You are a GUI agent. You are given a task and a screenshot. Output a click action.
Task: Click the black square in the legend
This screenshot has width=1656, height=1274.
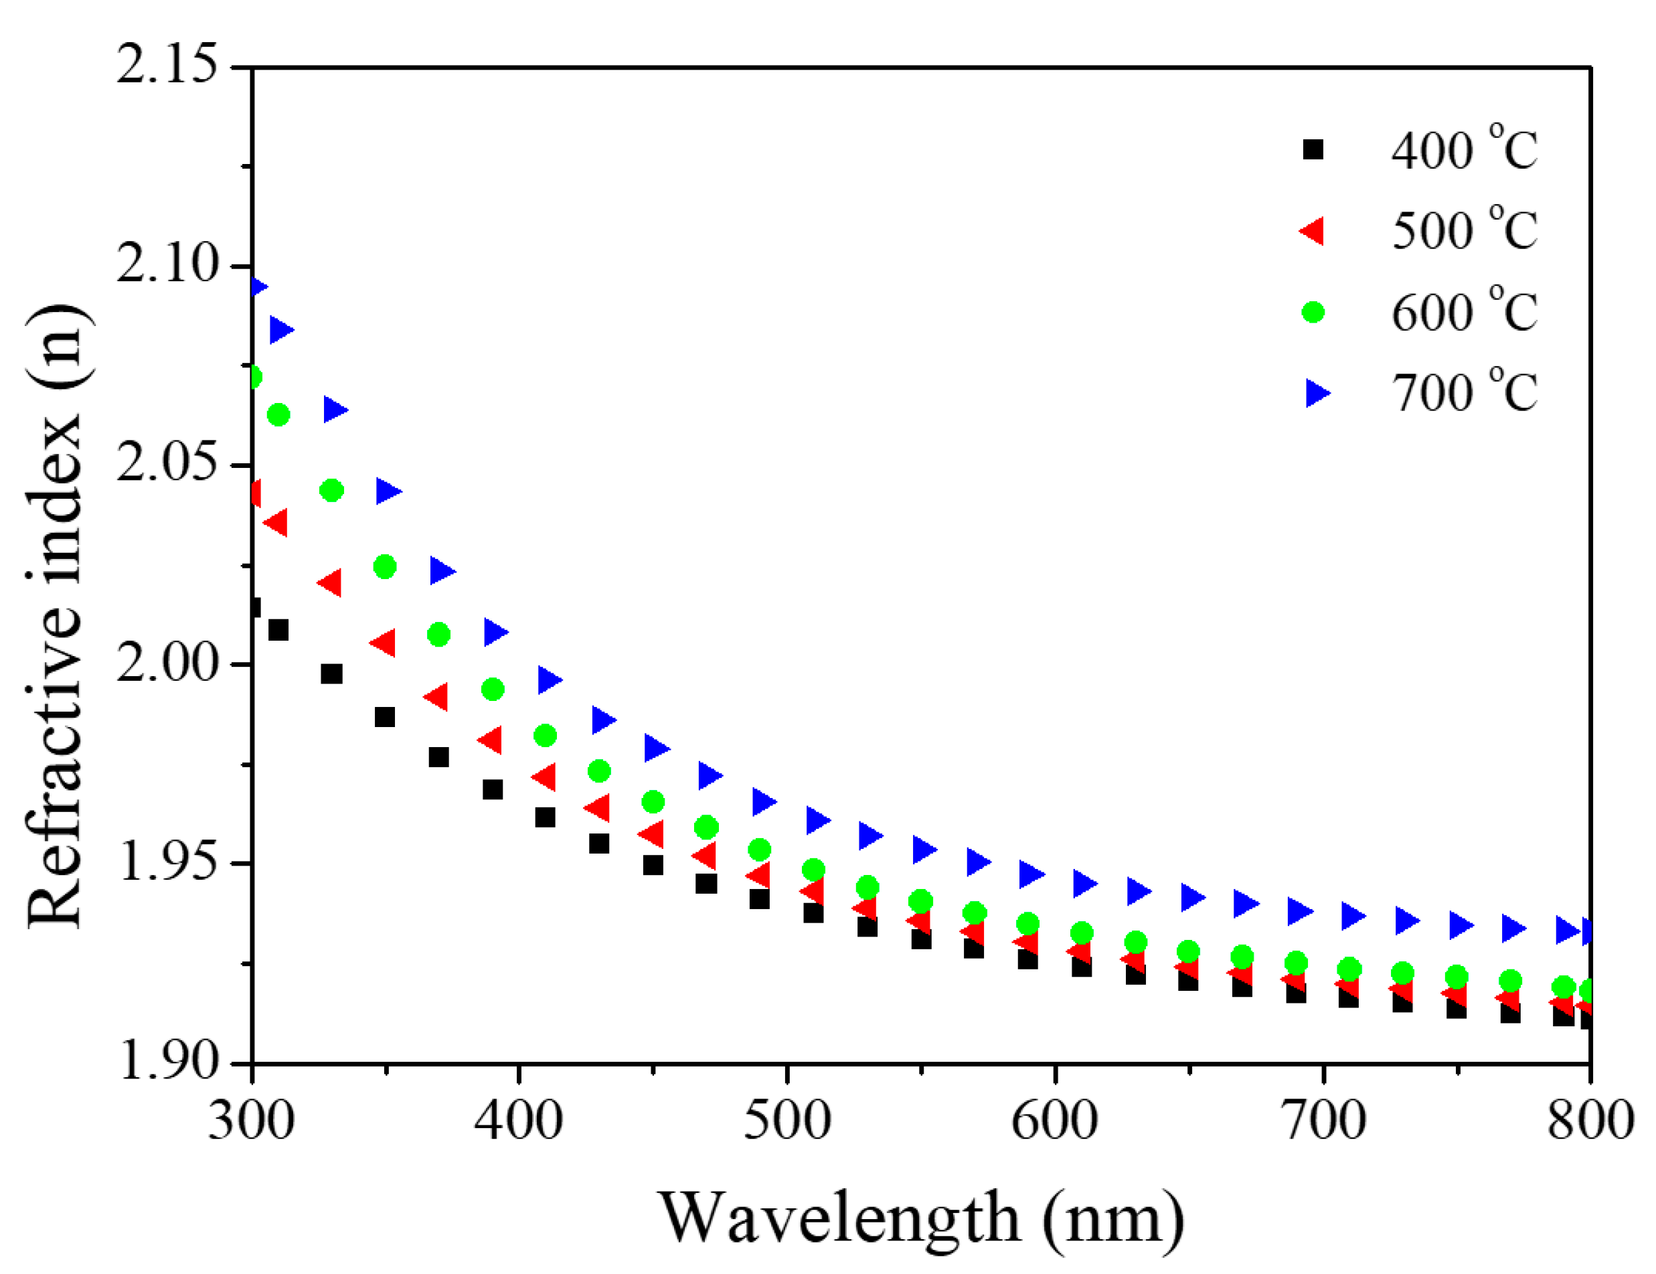(1313, 149)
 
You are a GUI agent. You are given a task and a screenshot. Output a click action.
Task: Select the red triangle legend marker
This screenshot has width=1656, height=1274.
(1313, 230)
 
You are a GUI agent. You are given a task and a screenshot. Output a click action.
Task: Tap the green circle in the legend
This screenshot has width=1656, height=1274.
(1313, 312)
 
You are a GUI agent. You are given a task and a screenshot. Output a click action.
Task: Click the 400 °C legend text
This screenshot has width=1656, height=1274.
(1463, 149)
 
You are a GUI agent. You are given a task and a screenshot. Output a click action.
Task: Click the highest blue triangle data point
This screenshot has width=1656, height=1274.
(258, 287)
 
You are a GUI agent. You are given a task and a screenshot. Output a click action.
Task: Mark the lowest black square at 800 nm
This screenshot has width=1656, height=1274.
(1587, 1019)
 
